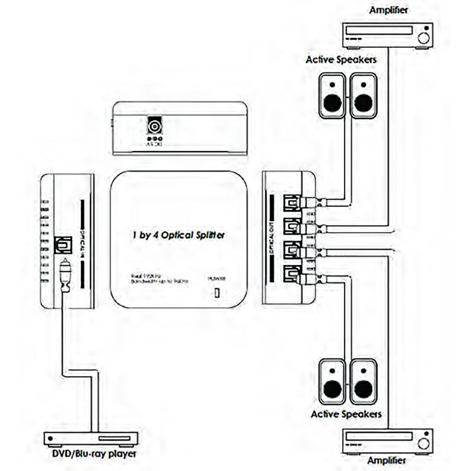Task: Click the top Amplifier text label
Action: click(x=388, y=10)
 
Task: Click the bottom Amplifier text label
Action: click(x=387, y=461)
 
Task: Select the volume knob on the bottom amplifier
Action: click(x=423, y=444)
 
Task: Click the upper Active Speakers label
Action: click(x=341, y=60)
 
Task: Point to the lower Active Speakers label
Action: click(x=346, y=414)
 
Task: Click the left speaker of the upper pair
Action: click(x=332, y=96)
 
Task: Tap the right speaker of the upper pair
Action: click(x=363, y=96)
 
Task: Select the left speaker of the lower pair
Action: click(x=332, y=382)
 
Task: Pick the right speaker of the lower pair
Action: click(x=363, y=382)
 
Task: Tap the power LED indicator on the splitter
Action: click(x=217, y=293)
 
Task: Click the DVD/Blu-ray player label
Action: click(x=94, y=454)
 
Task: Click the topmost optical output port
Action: click(x=291, y=203)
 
